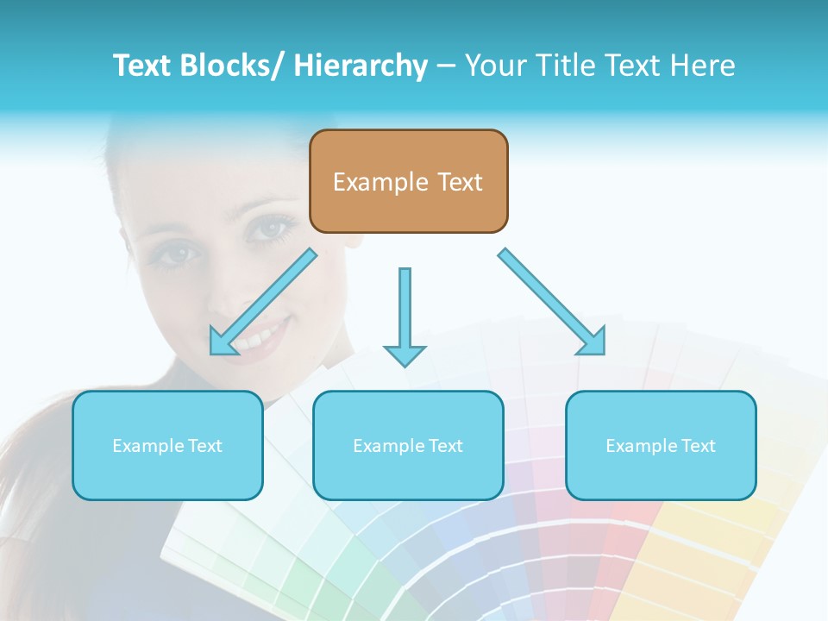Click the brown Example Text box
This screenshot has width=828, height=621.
coord(408,181)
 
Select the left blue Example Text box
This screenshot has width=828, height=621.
coord(167,445)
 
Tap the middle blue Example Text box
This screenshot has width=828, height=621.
coord(408,445)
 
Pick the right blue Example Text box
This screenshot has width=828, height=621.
coord(661,445)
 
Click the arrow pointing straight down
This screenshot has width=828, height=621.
coord(405,316)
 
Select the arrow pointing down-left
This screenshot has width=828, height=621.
coord(263,303)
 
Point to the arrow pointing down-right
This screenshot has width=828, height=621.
coord(552,302)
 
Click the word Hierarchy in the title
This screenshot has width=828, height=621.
coord(361,66)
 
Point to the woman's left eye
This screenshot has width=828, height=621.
coord(273,229)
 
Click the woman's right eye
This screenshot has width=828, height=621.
coord(179,254)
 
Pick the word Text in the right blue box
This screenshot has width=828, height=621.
coord(698,446)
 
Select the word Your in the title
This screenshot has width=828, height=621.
coord(492,66)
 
